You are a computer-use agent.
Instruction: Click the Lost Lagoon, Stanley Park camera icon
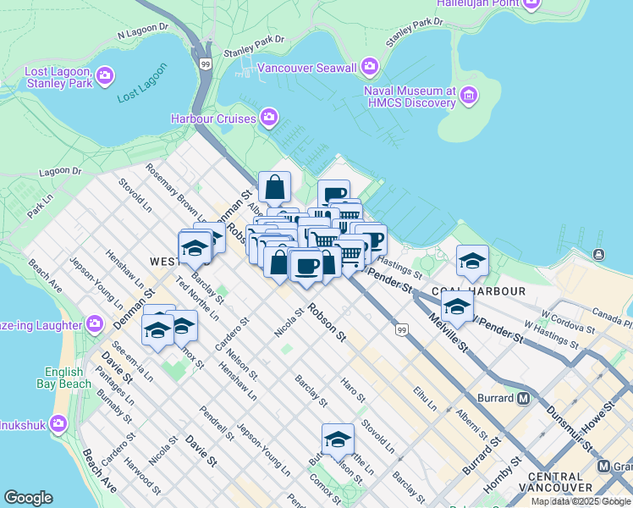tap(106, 76)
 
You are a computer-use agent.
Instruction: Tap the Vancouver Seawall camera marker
tap(370, 67)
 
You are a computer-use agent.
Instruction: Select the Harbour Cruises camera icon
tap(269, 117)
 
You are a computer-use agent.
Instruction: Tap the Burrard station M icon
tap(524, 398)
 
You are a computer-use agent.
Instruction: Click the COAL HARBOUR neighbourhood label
tap(479, 290)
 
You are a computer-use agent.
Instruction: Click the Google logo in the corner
tap(28, 498)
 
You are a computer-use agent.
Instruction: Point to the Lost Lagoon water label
tap(138, 92)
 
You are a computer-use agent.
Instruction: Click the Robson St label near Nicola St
tap(327, 323)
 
